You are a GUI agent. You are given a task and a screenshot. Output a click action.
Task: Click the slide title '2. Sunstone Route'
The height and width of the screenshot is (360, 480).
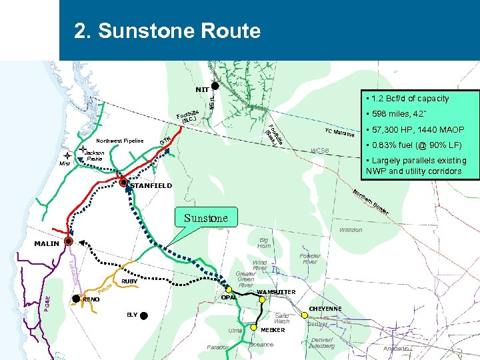(x=167, y=31)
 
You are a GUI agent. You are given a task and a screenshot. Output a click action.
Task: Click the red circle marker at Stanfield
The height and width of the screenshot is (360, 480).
(x=123, y=182)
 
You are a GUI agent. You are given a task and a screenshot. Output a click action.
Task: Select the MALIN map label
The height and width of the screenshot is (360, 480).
(x=47, y=244)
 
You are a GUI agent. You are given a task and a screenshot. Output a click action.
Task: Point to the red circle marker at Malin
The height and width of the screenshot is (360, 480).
(x=69, y=241)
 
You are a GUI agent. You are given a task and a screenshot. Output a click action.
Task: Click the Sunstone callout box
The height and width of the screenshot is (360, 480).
(x=206, y=218)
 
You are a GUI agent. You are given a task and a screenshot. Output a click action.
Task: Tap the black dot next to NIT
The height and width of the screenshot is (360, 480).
(x=215, y=85)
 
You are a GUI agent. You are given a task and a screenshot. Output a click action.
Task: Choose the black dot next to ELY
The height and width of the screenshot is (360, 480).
(x=144, y=315)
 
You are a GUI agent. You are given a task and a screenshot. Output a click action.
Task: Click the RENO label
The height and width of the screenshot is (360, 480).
(x=91, y=300)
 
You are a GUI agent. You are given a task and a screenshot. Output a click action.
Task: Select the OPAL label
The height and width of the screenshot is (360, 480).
(x=229, y=297)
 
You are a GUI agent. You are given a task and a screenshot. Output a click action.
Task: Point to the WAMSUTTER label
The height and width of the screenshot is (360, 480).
(x=275, y=292)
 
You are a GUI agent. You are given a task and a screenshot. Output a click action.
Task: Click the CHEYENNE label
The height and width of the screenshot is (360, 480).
(x=325, y=308)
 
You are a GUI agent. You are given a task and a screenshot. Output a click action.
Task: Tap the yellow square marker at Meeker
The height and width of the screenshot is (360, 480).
(x=255, y=328)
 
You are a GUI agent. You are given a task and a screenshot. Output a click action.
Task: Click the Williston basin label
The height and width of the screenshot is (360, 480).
(x=351, y=230)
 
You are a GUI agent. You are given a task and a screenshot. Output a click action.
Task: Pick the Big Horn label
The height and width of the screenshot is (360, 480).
(x=264, y=242)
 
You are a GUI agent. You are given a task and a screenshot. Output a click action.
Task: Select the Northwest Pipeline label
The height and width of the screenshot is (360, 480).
(x=120, y=141)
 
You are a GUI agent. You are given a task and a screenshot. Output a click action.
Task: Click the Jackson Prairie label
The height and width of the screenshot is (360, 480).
(x=95, y=156)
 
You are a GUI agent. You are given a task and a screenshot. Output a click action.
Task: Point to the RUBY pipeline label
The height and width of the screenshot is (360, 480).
(x=129, y=281)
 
